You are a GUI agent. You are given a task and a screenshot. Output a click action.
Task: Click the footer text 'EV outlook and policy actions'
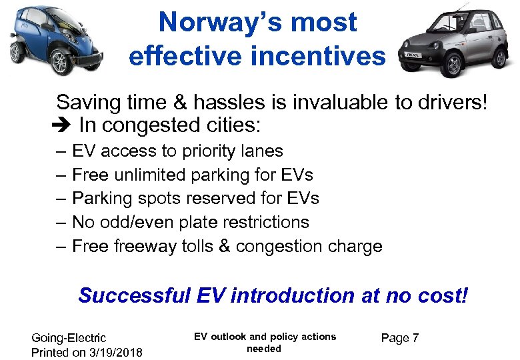coord(265,337)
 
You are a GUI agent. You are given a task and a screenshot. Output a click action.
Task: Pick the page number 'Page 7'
coord(399,339)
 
